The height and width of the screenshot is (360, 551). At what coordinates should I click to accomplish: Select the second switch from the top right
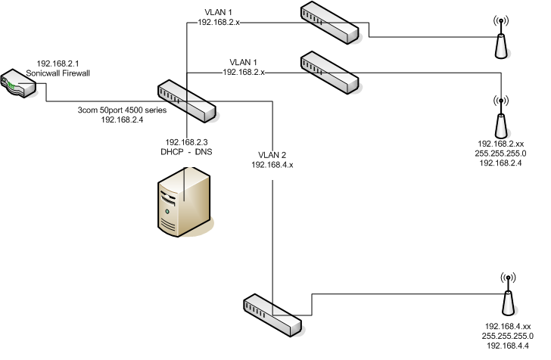point(328,72)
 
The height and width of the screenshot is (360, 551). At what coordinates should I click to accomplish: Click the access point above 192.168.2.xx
point(500,117)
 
